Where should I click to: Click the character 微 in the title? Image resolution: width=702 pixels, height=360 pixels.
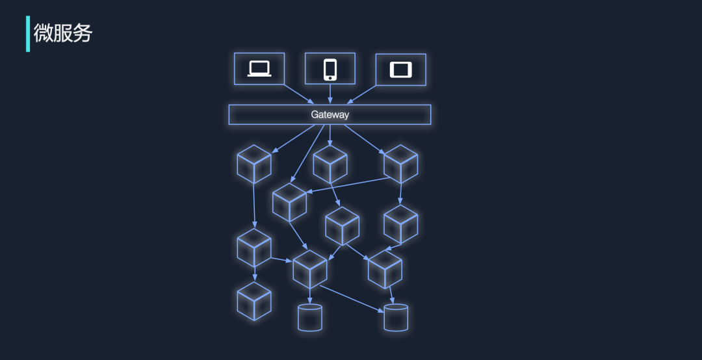pos(43,33)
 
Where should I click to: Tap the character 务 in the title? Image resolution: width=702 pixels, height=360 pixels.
pos(83,33)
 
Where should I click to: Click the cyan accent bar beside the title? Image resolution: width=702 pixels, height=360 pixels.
pos(28,34)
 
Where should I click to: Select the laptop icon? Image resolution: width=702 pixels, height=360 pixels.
pos(259,69)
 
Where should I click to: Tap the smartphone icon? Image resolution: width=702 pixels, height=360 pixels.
pos(330,70)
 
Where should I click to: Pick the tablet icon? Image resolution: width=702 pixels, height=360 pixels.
pos(400,70)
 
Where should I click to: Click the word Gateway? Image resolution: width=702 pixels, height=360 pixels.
pos(330,114)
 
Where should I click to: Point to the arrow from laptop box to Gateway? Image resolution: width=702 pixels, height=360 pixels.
pos(299,94)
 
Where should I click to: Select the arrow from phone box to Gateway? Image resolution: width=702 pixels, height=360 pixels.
pos(330,94)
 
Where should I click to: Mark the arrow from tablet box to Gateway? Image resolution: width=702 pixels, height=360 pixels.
pos(361,94)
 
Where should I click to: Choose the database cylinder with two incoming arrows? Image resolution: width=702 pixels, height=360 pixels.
pos(396,318)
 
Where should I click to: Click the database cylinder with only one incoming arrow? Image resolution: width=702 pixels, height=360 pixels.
pos(310,318)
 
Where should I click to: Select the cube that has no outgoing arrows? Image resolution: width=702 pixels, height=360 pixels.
pos(254,301)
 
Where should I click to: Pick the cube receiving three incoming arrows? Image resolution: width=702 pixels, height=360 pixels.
pos(310,269)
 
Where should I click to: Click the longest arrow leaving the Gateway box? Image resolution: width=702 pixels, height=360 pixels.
pos(307,153)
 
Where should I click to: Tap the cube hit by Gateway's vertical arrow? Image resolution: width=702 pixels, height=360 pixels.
pos(330,164)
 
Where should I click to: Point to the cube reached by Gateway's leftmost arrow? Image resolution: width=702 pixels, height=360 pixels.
pos(254,164)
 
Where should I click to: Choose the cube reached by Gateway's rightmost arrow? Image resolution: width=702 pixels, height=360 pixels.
pos(400,164)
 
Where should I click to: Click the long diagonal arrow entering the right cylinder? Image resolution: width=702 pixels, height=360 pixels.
pos(352,299)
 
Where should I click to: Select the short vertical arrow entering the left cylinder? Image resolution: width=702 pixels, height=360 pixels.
pos(310,296)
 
